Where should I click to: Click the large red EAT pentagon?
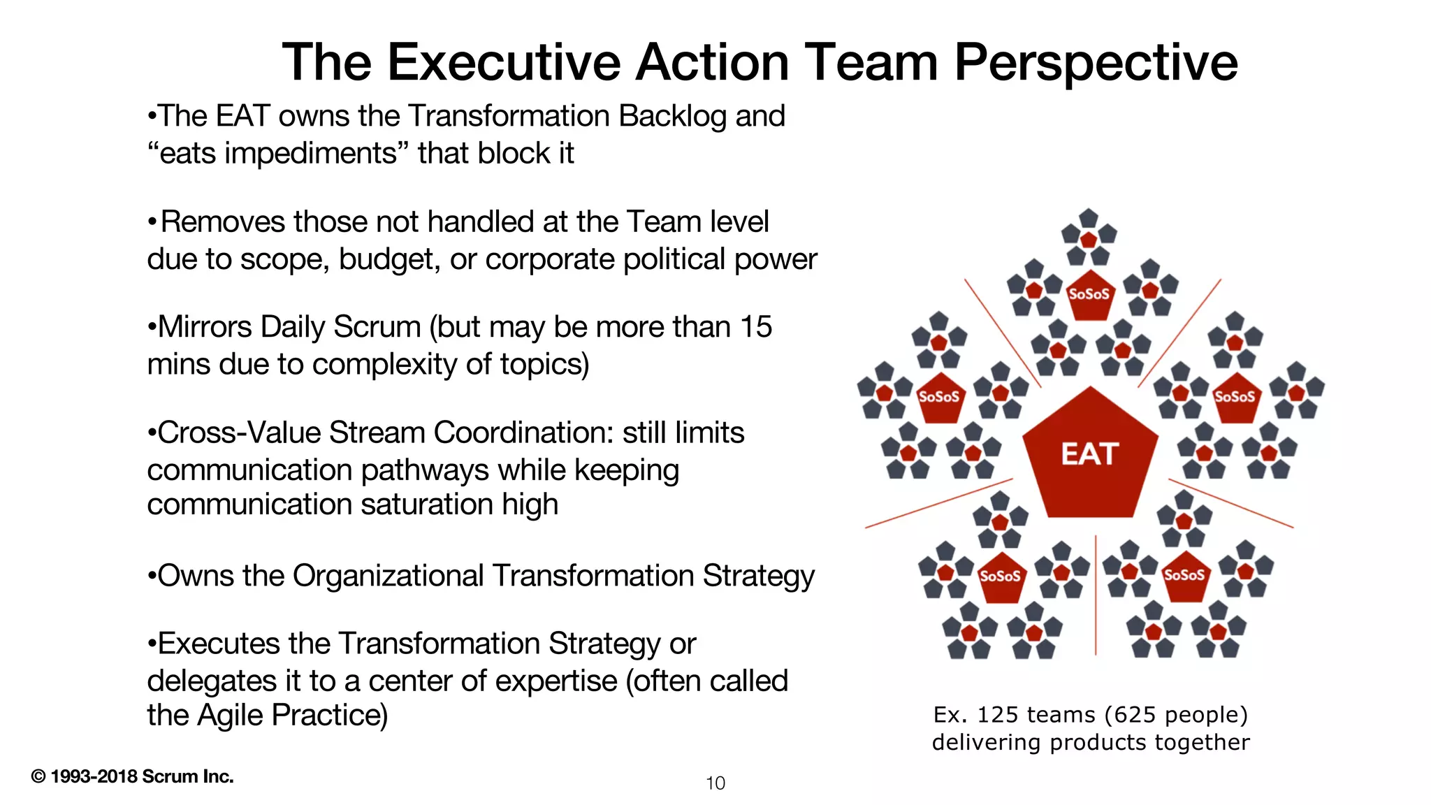[1090, 457]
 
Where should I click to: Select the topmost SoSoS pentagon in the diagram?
[1089, 294]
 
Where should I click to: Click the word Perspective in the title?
[1096, 63]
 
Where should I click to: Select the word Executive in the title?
[504, 63]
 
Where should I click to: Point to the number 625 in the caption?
[1132, 715]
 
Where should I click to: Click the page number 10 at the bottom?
[715, 783]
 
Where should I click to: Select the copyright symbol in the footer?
[38, 776]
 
